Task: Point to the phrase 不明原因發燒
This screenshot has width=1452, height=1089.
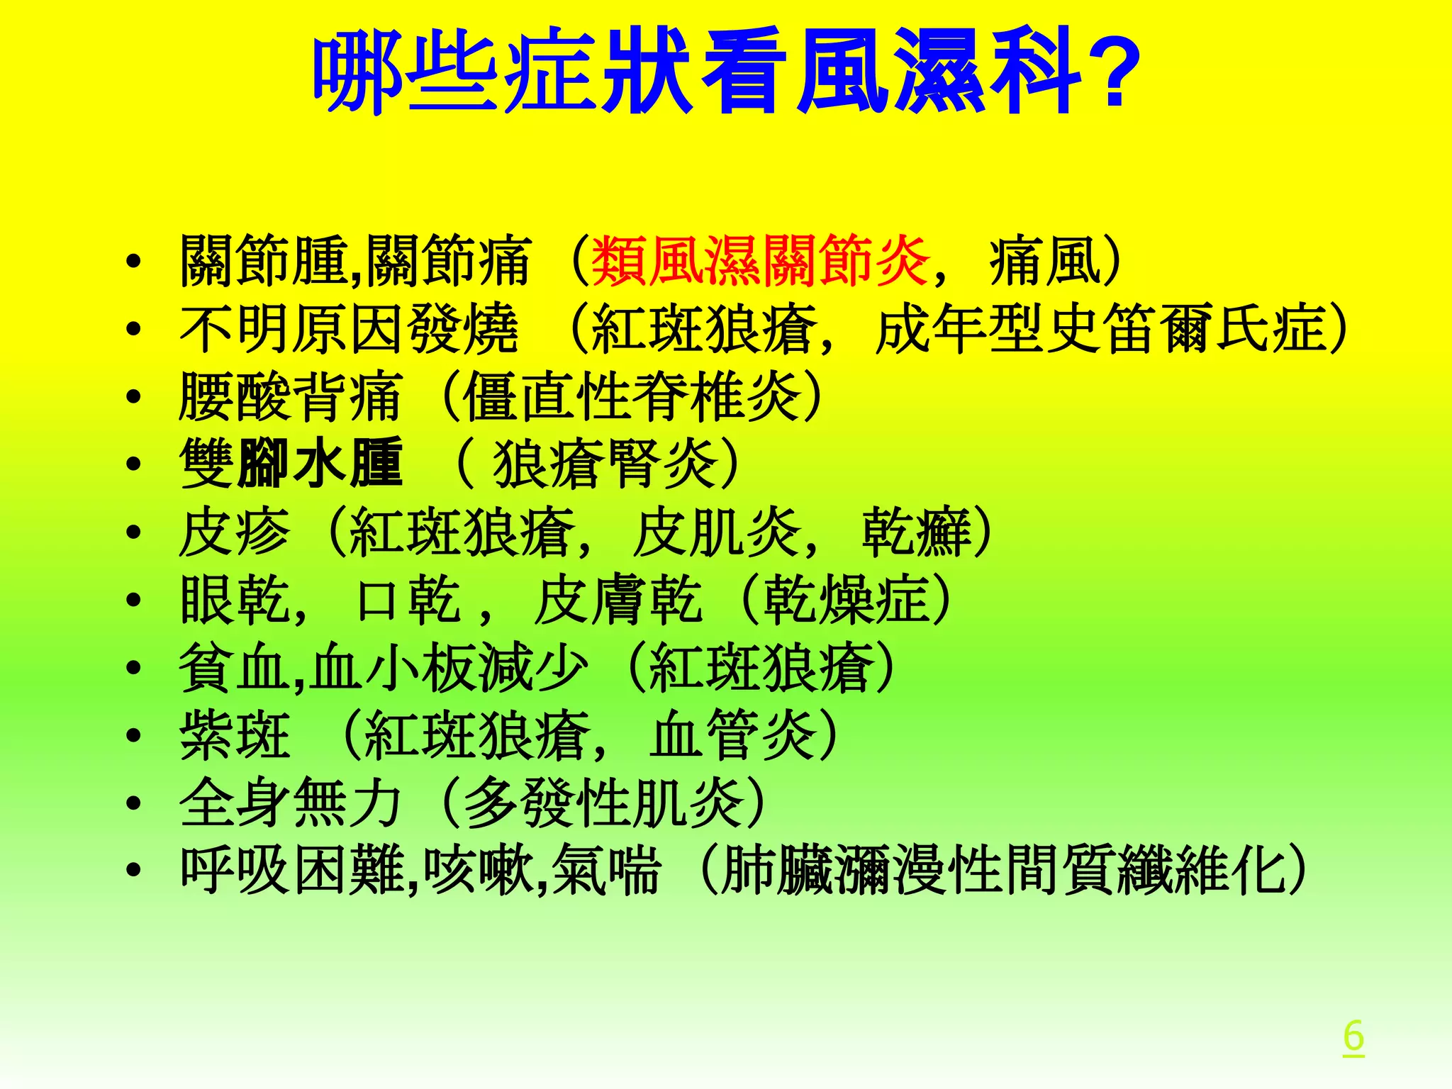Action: pos(349,329)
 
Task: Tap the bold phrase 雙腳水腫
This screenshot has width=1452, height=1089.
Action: pos(291,464)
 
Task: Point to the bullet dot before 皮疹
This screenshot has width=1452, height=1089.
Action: pos(133,532)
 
